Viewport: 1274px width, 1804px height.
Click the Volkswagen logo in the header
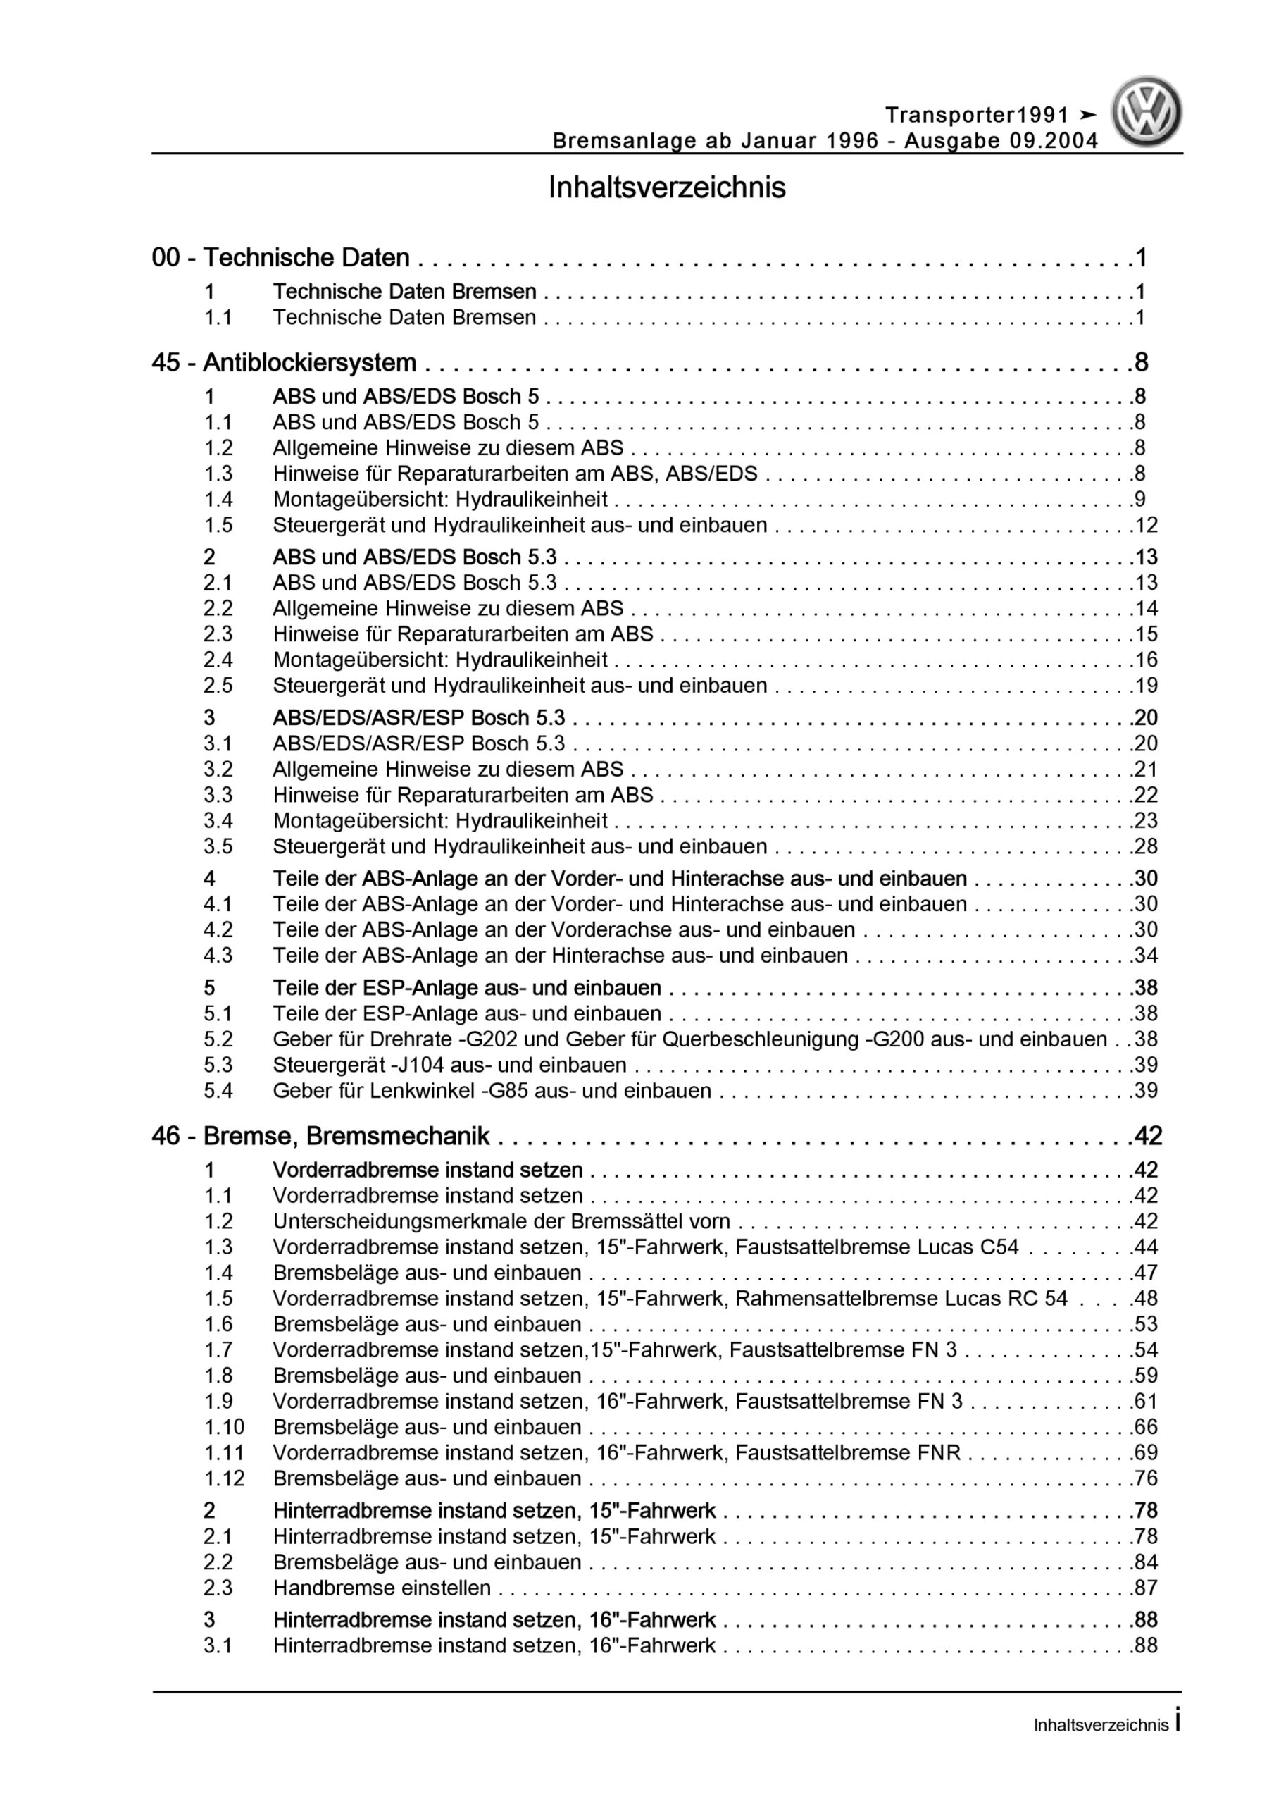(1147, 112)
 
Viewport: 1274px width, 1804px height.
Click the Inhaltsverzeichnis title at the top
(667, 187)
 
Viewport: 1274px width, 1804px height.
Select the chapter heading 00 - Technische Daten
(280, 258)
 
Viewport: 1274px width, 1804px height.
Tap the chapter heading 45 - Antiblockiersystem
(284, 362)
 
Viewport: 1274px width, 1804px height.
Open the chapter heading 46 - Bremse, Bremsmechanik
(320, 1136)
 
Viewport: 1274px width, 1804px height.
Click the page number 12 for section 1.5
(1146, 525)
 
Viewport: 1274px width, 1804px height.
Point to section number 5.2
(218, 1039)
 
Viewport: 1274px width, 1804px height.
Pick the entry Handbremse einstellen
(382, 1588)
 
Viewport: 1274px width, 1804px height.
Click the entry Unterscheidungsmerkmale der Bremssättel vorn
(501, 1222)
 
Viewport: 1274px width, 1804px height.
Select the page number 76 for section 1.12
(1146, 1478)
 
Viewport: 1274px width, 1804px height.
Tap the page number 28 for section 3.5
(1146, 846)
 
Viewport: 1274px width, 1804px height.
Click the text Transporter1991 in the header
(977, 116)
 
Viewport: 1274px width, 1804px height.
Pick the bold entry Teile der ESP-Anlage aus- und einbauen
(466, 988)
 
